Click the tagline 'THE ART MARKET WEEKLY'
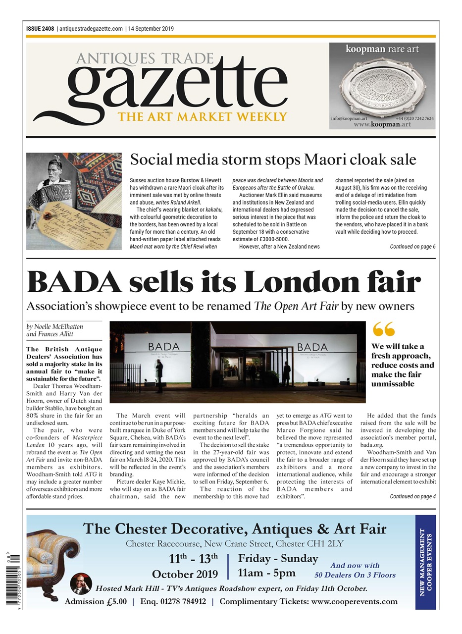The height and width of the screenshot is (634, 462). [202, 117]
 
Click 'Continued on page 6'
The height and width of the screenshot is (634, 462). [412, 246]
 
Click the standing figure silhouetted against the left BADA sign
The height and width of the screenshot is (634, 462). [159, 374]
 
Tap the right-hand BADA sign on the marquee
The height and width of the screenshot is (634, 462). [312, 347]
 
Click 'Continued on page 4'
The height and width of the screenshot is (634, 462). [412, 496]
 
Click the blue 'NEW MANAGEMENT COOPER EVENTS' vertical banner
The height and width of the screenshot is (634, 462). [425, 562]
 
